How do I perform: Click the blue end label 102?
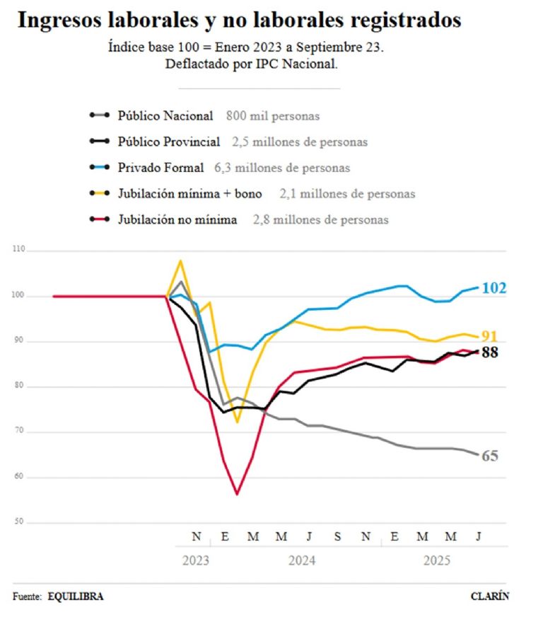[x=494, y=288]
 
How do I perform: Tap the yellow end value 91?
[x=490, y=336]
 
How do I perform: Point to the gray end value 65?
[x=490, y=456]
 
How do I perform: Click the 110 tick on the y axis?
[x=18, y=250]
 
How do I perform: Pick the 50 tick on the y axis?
[x=18, y=522]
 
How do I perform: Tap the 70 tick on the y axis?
[x=18, y=432]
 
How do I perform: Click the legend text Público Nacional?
[x=165, y=115]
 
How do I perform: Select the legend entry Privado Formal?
[x=160, y=168]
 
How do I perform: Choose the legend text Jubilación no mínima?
[x=177, y=219]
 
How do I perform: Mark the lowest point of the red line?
[x=237, y=494]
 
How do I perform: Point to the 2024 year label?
[x=302, y=560]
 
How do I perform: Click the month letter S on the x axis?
[x=337, y=536]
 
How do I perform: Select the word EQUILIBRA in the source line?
[x=76, y=597]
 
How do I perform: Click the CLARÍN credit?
[x=489, y=597]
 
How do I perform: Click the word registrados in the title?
[x=399, y=20]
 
